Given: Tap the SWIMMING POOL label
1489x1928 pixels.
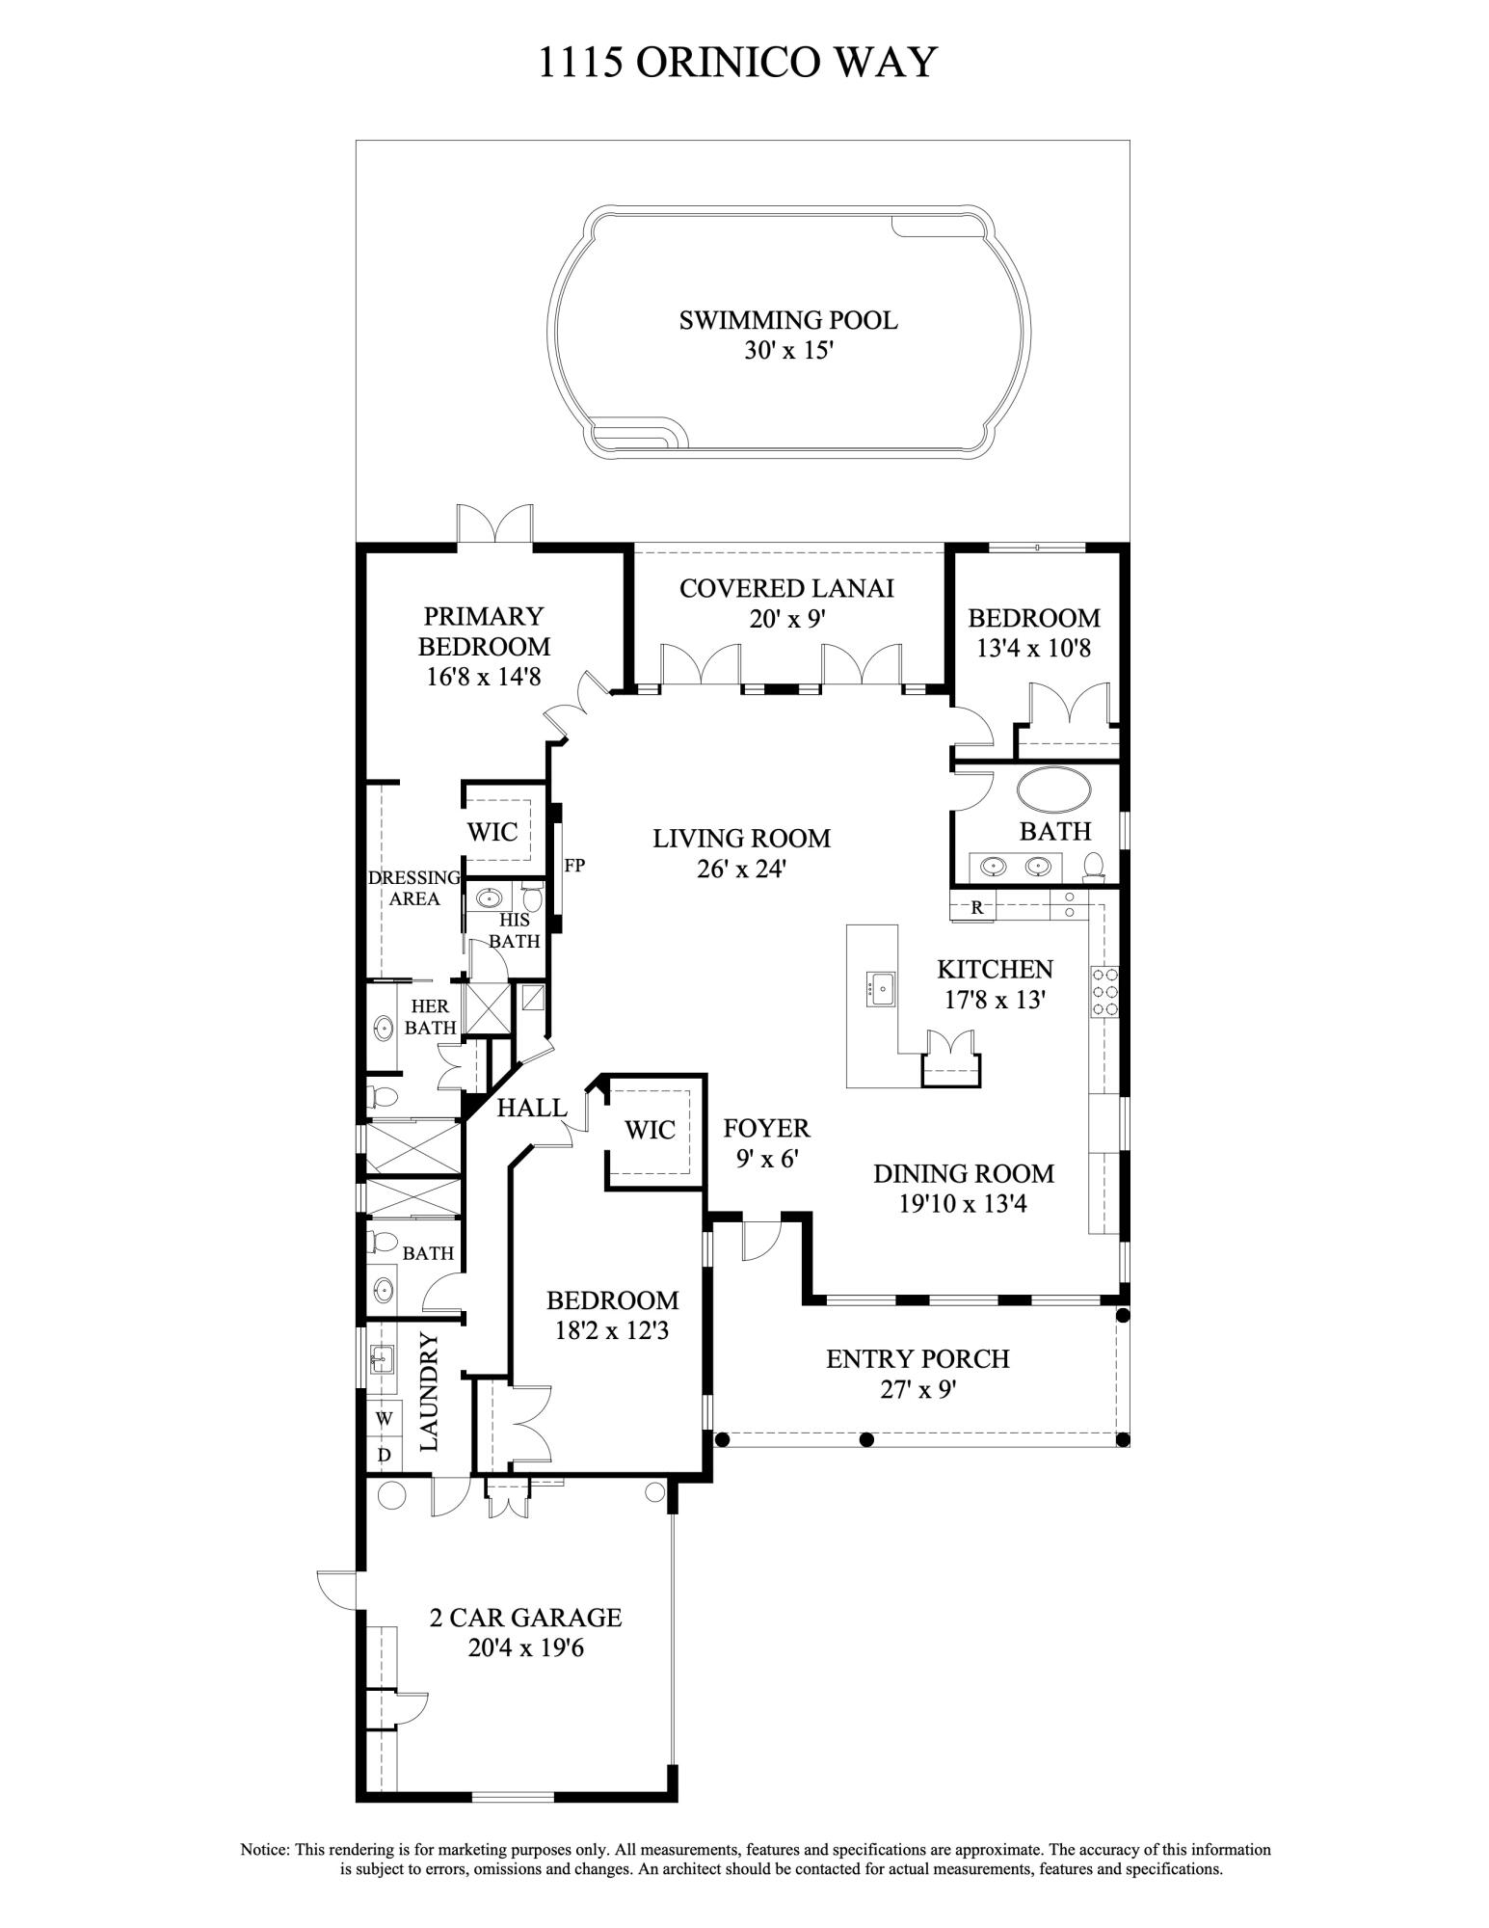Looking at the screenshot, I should point(787,320).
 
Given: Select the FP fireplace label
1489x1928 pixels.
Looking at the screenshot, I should point(574,865).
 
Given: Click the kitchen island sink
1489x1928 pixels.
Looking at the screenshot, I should point(880,988).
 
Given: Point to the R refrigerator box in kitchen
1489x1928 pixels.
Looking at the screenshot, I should point(976,907).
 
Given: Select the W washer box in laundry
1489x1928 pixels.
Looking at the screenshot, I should point(384,1418).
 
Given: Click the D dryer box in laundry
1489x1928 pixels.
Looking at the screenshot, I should point(384,1455).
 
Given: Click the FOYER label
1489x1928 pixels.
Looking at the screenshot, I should point(766,1128).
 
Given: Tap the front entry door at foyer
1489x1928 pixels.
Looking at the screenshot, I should point(759,1241).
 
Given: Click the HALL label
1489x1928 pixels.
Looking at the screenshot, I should point(531,1109).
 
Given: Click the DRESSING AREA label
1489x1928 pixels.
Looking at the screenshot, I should point(413,888).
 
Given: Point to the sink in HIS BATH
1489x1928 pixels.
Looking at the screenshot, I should point(490,899).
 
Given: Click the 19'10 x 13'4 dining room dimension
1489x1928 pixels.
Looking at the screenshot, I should point(963,1204).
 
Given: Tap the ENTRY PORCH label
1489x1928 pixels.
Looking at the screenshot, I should point(917,1359).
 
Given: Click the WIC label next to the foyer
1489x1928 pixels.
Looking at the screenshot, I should point(650,1130).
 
